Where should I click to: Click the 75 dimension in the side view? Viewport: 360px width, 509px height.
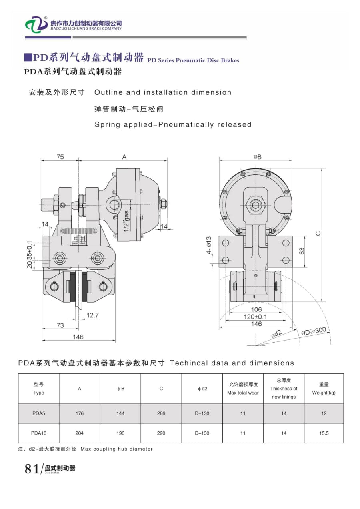point(60,157)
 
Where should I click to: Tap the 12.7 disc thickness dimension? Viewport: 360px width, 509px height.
point(92,315)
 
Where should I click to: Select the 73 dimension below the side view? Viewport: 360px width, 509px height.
point(60,325)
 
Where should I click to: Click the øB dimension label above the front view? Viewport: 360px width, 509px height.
point(257,157)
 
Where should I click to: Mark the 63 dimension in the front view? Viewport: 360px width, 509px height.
point(302,251)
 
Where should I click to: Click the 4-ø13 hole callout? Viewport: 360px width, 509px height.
point(209,250)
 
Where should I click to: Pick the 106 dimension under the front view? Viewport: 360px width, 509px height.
point(256,309)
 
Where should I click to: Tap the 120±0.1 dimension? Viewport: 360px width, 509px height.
point(256,317)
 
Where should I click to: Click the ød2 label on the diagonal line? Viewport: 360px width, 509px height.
point(276,334)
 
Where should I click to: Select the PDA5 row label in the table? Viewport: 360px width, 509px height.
point(39,413)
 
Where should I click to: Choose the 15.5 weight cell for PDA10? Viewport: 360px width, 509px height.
point(324,433)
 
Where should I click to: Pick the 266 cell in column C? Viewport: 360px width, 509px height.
point(161,413)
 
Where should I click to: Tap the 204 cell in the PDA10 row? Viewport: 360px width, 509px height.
point(80,433)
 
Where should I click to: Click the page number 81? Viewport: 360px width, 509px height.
point(32,469)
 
